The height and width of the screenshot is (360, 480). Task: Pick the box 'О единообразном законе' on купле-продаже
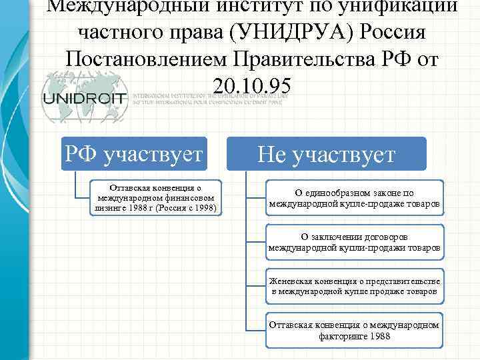pyautogui.click(x=354, y=198)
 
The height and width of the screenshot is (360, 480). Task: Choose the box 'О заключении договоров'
pyautogui.click(x=354, y=242)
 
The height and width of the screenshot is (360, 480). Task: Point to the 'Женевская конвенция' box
pyautogui.click(x=354, y=286)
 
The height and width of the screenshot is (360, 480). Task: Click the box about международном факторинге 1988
pyautogui.click(x=354, y=330)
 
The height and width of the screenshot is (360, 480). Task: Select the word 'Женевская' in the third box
pyautogui.click(x=291, y=281)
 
